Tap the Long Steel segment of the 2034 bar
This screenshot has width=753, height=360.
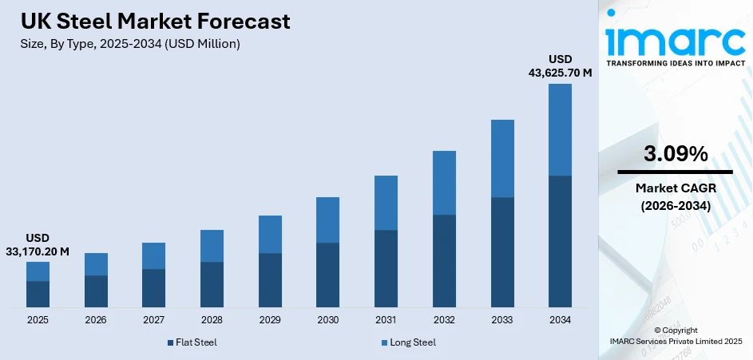point(560,129)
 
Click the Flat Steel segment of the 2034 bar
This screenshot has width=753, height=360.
point(560,241)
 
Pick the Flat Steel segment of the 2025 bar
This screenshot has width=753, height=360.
point(38,294)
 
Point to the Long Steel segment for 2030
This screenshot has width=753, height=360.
point(327,220)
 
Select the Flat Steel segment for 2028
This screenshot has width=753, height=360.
point(212,284)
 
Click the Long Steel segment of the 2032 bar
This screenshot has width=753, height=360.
point(444,183)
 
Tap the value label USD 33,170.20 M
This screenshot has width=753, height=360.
point(38,245)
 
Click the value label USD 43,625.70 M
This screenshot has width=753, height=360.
point(560,66)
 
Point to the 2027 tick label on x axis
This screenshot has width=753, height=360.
point(153,320)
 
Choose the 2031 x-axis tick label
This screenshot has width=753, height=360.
point(386,320)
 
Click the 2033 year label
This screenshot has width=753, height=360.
point(502,320)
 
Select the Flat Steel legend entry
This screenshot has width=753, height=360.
point(192,342)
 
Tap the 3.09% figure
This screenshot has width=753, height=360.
point(675,155)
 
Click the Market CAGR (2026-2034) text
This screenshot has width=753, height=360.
point(675,196)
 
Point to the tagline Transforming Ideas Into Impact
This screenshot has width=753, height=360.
point(675,62)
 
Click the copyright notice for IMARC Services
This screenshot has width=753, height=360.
point(675,336)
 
